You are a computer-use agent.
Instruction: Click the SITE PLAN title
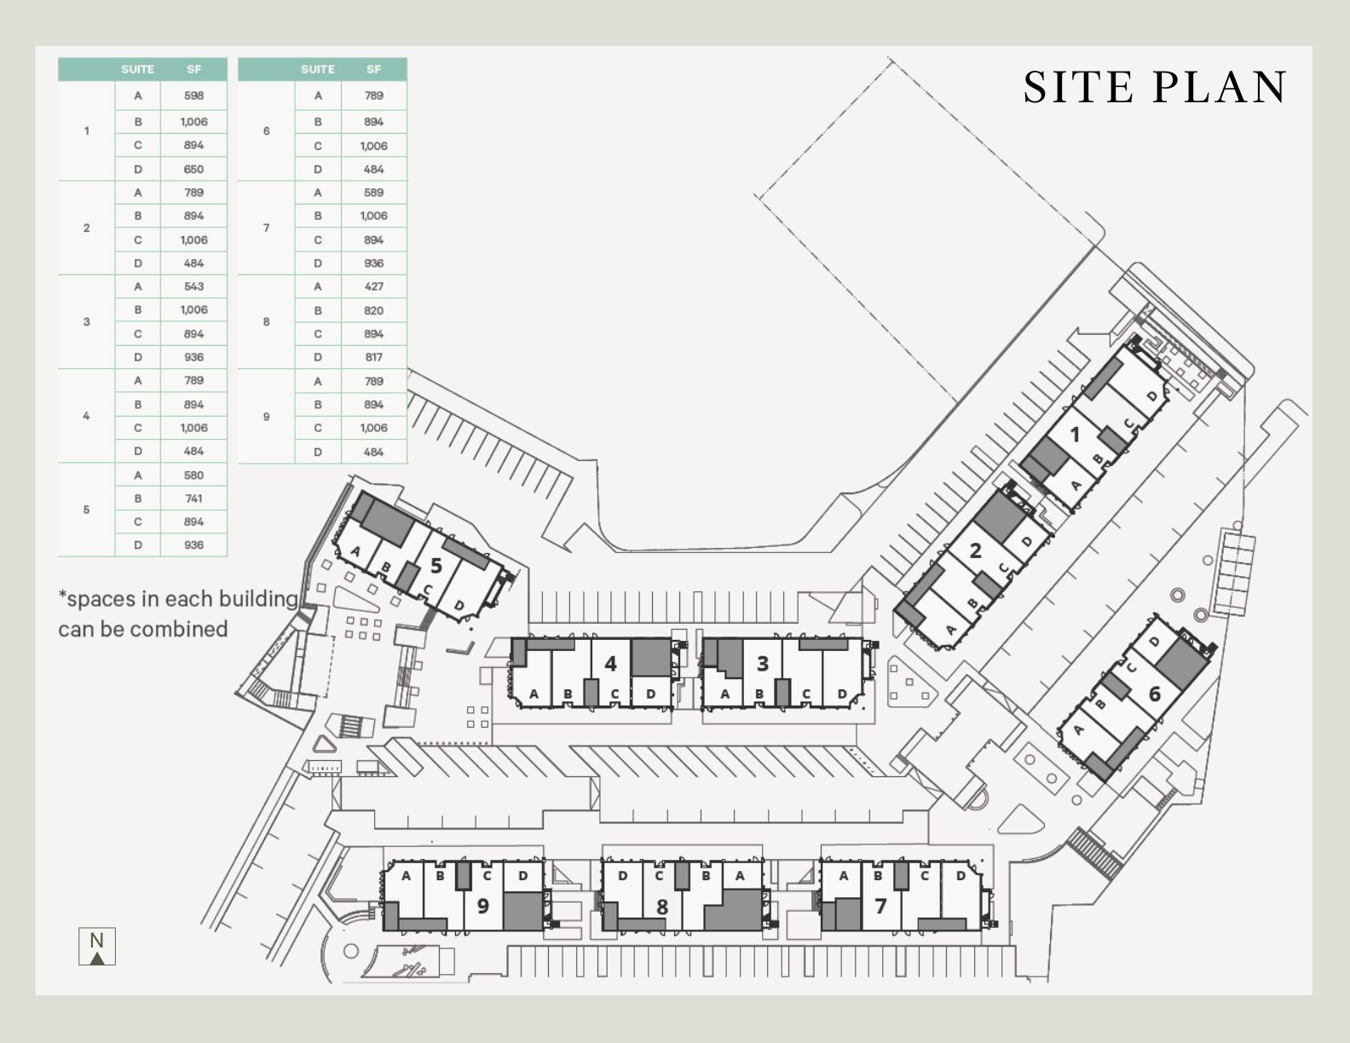tap(1155, 87)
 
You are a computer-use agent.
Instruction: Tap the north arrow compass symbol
tap(97, 947)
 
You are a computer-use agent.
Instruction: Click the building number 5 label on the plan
tap(436, 565)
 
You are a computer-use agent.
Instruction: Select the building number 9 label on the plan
tap(482, 905)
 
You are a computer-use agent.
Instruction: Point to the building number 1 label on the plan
tap(1075, 435)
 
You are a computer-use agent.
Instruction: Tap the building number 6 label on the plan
tap(1155, 694)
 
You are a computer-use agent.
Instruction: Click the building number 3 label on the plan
tap(762, 663)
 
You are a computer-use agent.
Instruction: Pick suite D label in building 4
tap(650, 694)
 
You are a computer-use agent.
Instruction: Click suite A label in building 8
tap(739, 876)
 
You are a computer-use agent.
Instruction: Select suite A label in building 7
tap(844, 876)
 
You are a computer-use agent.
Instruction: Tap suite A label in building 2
tap(951, 631)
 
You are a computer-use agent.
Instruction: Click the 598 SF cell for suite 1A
tap(193, 95)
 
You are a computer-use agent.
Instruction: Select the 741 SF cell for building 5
tap(193, 498)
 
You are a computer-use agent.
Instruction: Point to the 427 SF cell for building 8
tap(373, 286)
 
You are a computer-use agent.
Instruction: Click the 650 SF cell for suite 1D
tap(193, 169)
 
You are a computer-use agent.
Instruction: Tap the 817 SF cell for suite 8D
tap(373, 357)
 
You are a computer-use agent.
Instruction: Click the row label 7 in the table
tap(266, 228)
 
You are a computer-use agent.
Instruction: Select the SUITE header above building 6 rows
tap(317, 69)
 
